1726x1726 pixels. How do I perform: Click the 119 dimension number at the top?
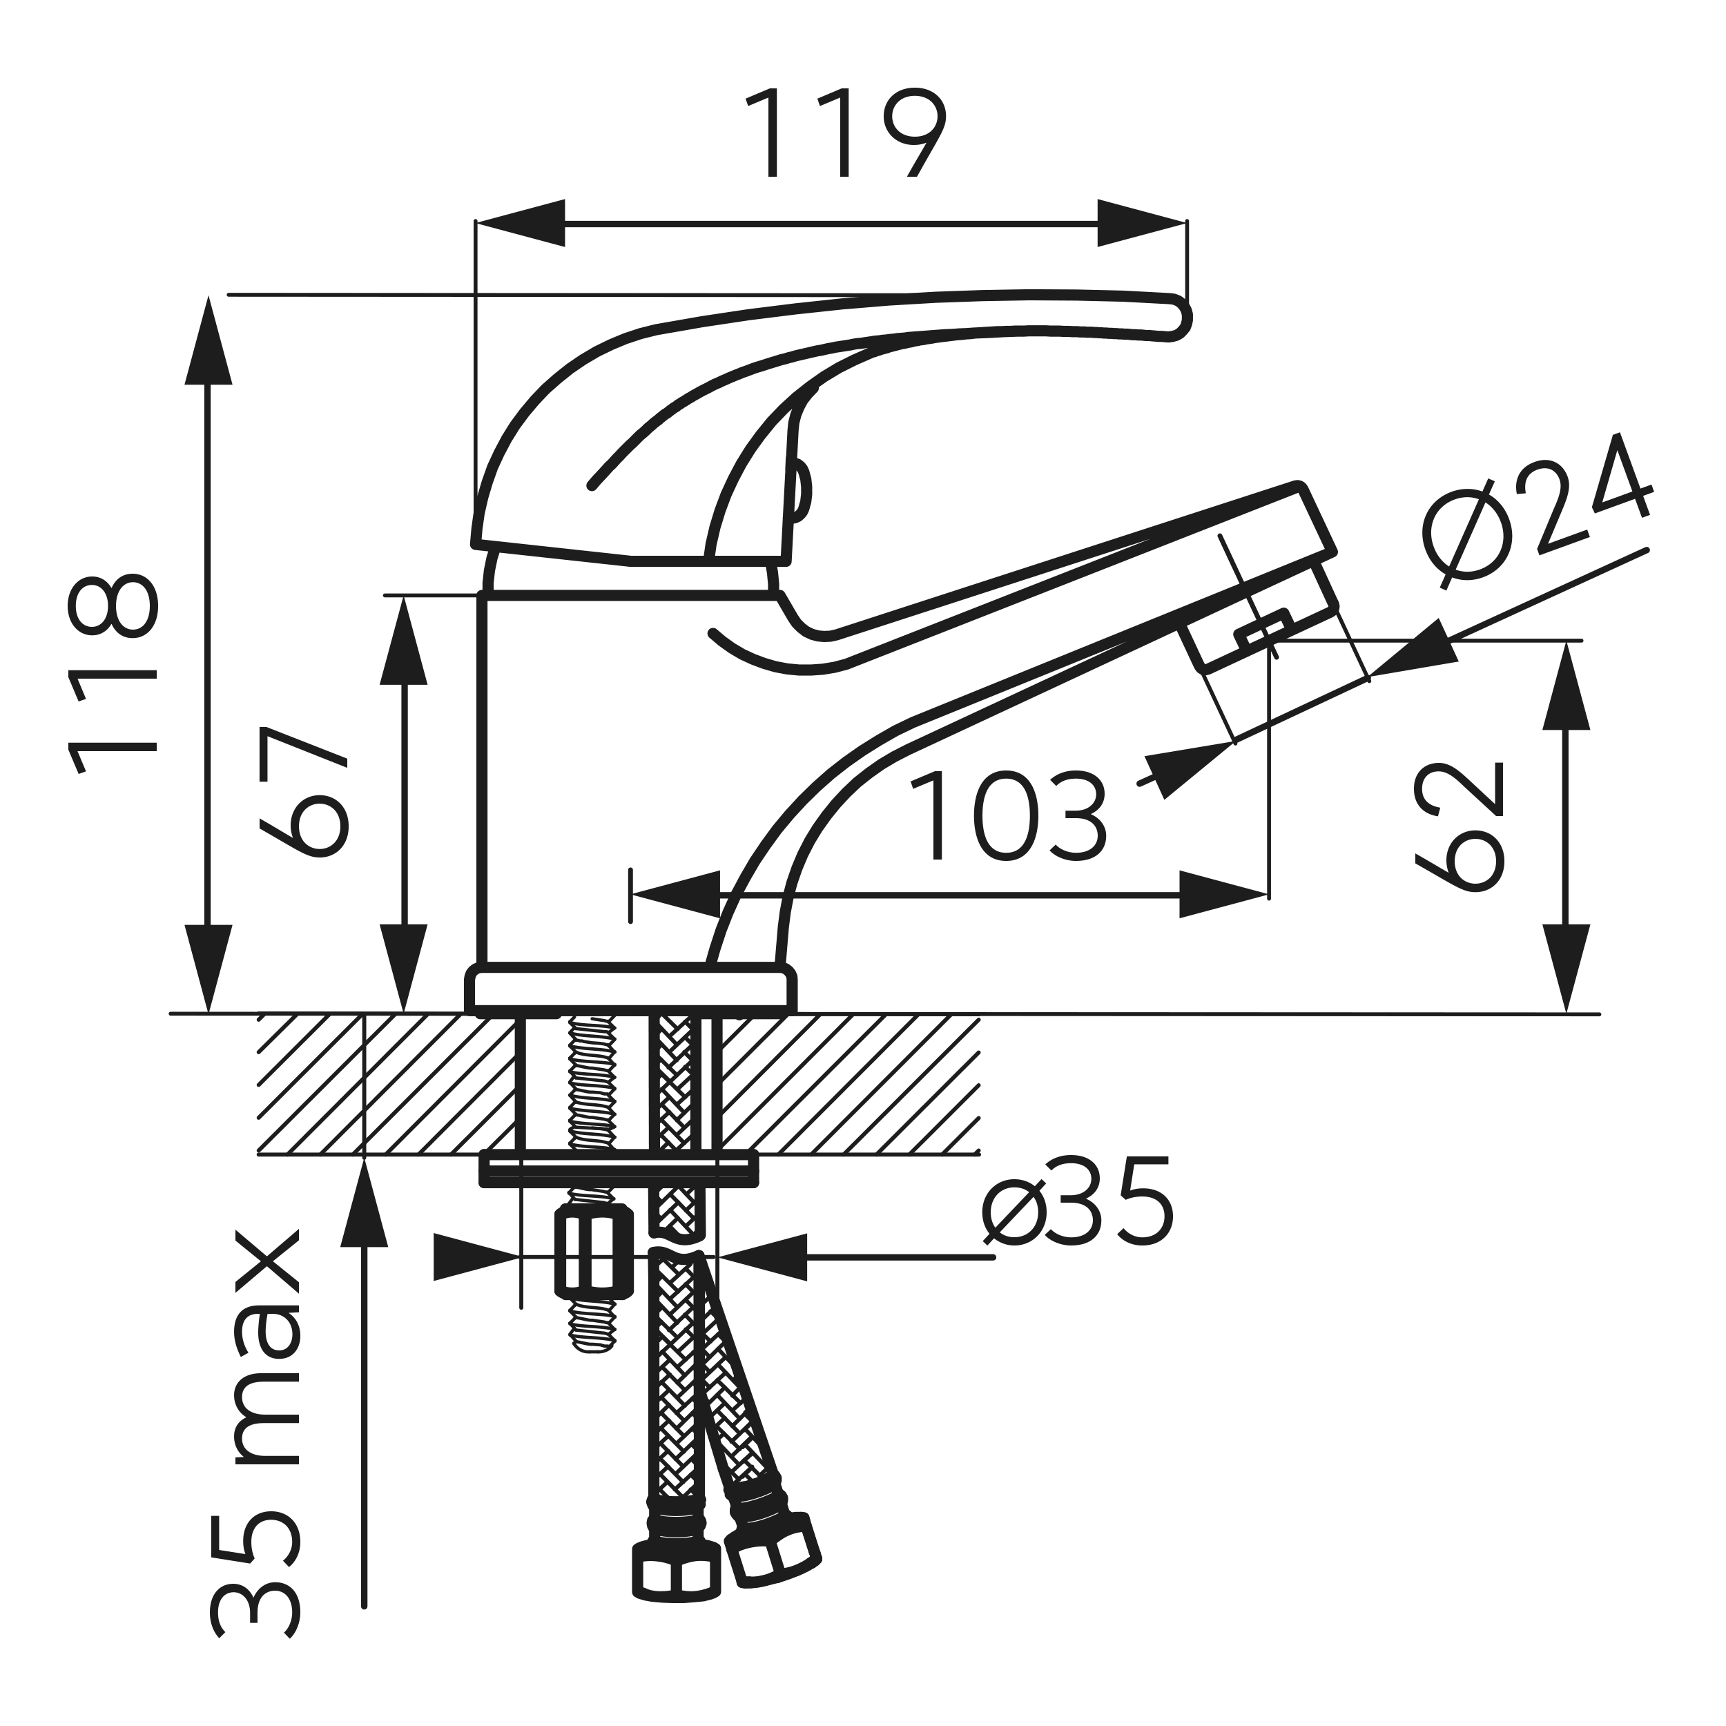point(845,133)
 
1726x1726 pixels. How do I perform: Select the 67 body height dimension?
point(303,791)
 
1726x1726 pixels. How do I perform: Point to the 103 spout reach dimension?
point(1008,817)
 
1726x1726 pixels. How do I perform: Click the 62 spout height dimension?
point(1460,826)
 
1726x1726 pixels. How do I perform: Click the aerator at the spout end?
point(1261,617)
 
